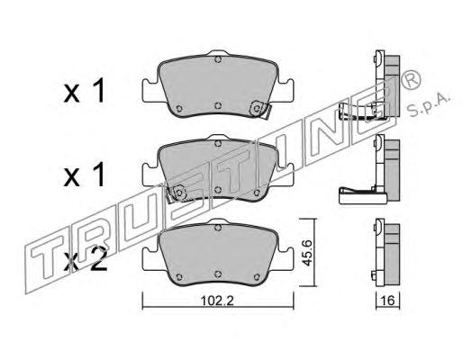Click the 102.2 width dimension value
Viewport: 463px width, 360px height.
[217, 301]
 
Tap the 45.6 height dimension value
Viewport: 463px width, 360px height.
[307, 253]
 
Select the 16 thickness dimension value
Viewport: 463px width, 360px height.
[388, 300]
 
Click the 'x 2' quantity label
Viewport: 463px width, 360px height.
[85, 259]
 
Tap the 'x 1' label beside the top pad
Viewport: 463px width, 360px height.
[85, 90]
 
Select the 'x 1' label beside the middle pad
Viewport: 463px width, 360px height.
[85, 175]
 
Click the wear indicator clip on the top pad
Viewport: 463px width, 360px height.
[260, 109]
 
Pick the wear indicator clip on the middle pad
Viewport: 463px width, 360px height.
[177, 193]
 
